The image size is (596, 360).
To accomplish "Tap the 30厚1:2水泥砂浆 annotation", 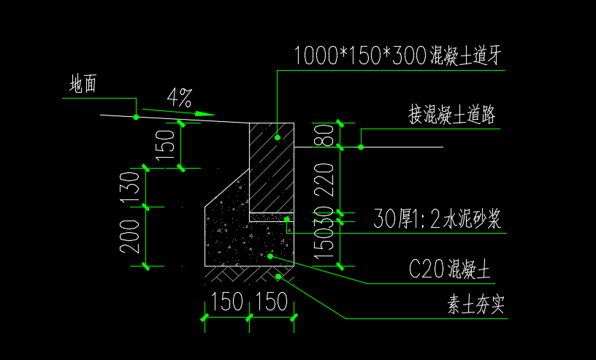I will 437,218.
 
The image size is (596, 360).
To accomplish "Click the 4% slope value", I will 179,97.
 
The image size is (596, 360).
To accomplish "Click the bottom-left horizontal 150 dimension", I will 226,302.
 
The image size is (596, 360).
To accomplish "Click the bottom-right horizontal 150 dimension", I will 272,302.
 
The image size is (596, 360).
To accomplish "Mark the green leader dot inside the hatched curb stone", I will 278,137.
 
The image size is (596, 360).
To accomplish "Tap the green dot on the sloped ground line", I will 136,117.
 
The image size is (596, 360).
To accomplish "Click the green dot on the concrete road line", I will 361,148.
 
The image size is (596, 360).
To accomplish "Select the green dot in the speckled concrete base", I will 270,256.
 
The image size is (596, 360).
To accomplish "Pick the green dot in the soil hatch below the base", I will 278,277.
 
